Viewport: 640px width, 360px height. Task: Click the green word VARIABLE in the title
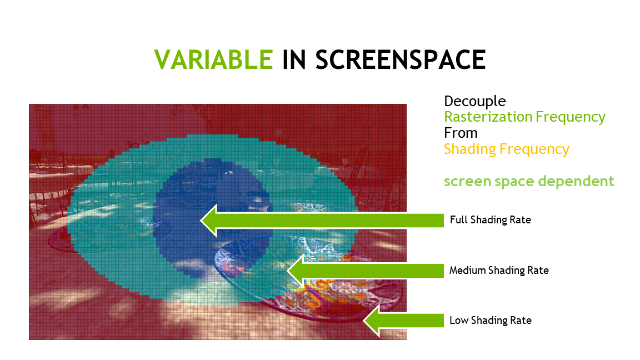pos(213,59)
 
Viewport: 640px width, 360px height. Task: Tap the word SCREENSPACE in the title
pos(401,59)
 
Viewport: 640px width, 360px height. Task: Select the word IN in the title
pos(294,59)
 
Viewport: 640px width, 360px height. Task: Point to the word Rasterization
pos(488,117)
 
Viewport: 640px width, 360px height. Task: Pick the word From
pos(461,133)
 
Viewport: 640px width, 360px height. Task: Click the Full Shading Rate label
pos(490,220)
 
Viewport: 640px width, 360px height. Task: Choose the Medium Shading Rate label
pos(499,271)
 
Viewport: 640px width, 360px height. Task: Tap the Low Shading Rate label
pos(490,321)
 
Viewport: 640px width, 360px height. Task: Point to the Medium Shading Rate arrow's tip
pos(288,271)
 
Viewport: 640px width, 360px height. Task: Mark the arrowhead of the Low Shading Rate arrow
pos(364,321)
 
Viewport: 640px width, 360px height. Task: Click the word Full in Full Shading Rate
pos(458,219)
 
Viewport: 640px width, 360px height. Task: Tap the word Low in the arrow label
pos(459,321)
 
